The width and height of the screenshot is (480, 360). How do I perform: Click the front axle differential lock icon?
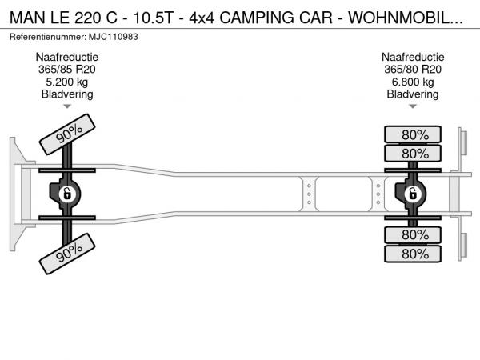tap(68, 194)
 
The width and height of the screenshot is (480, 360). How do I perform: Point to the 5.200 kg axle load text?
tap(67, 82)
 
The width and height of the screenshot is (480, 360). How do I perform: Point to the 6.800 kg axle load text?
tap(413, 82)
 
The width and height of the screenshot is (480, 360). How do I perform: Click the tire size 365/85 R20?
tap(67, 70)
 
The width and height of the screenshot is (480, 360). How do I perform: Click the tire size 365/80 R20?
tap(413, 70)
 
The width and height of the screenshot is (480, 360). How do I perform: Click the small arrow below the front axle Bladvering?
tap(67, 106)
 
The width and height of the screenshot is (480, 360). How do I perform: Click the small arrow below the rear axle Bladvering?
tap(413, 106)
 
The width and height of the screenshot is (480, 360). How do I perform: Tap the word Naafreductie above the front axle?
tap(67, 58)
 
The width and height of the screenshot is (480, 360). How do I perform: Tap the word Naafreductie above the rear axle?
tap(413, 58)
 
